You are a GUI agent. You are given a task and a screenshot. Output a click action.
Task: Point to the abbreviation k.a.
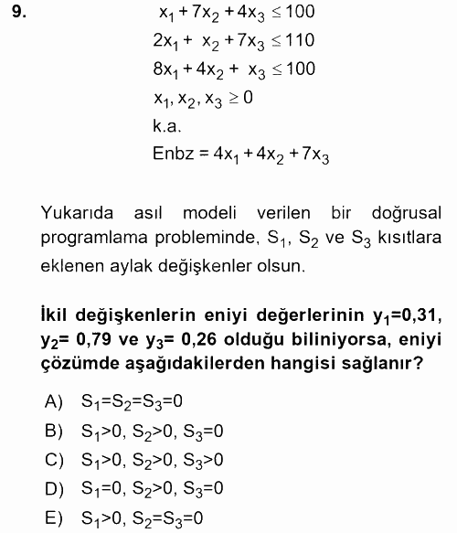click(168, 125)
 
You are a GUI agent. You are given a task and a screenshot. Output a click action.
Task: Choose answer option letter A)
click(54, 400)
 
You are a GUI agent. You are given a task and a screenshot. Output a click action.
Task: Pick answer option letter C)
click(54, 458)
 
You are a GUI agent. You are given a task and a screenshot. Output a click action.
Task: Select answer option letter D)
click(54, 487)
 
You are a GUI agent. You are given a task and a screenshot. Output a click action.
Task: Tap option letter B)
click(54, 429)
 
